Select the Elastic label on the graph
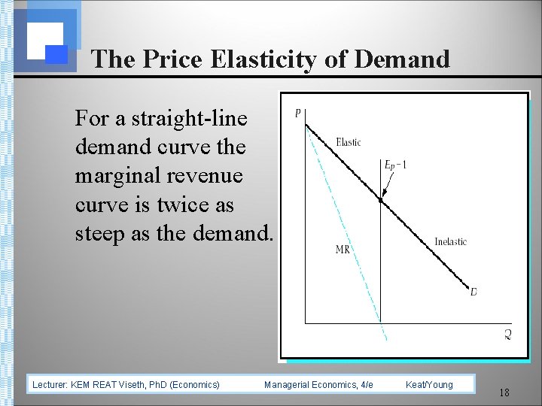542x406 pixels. (x=348, y=142)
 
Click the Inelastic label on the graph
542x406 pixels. (x=450, y=241)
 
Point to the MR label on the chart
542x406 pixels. (x=343, y=250)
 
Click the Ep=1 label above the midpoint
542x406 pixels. (x=395, y=165)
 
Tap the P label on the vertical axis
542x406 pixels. (x=298, y=114)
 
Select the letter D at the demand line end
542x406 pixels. (x=473, y=292)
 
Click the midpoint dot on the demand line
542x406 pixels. (x=381, y=201)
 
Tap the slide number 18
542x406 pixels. (x=504, y=392)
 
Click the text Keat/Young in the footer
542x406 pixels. (x=429, y=385)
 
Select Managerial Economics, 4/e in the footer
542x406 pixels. (x=318, y=385)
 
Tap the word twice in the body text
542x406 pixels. (x=174, y=205)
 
